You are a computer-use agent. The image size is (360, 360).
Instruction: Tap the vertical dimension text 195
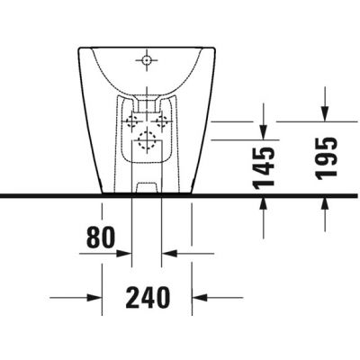[x=326, y=157]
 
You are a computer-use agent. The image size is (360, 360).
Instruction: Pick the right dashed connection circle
[x=162, y=121]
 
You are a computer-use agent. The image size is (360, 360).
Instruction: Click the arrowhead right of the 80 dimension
[x=168, y=254]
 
